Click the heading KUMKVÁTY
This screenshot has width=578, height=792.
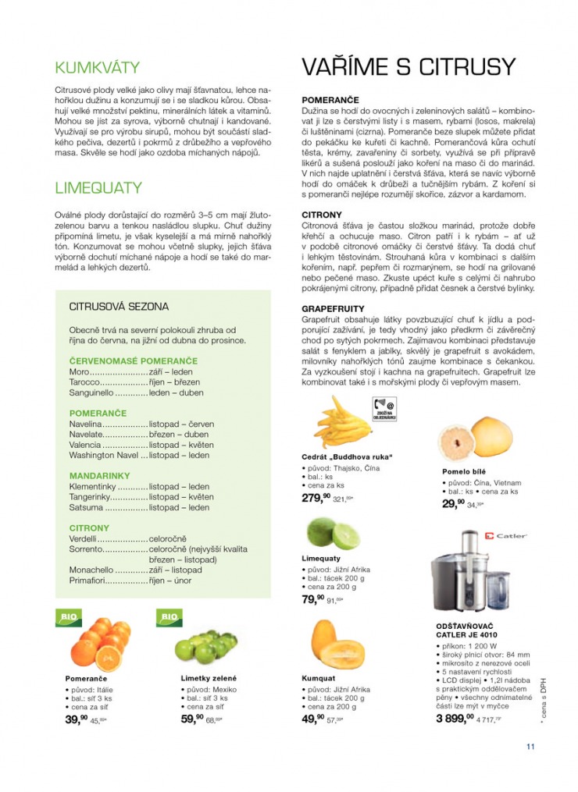[x=97, y=68]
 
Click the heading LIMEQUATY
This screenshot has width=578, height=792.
[x=98, y=188]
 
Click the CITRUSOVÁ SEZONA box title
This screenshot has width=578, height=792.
[x=119, y=307]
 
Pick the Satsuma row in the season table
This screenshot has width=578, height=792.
[x=86, y=507]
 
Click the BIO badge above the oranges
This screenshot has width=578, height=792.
[x=67, y=617]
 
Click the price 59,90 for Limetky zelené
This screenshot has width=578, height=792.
[x=192, y=719]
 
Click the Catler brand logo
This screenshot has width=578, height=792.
[x=505, y=536]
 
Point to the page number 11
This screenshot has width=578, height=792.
[x=530, y=747]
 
